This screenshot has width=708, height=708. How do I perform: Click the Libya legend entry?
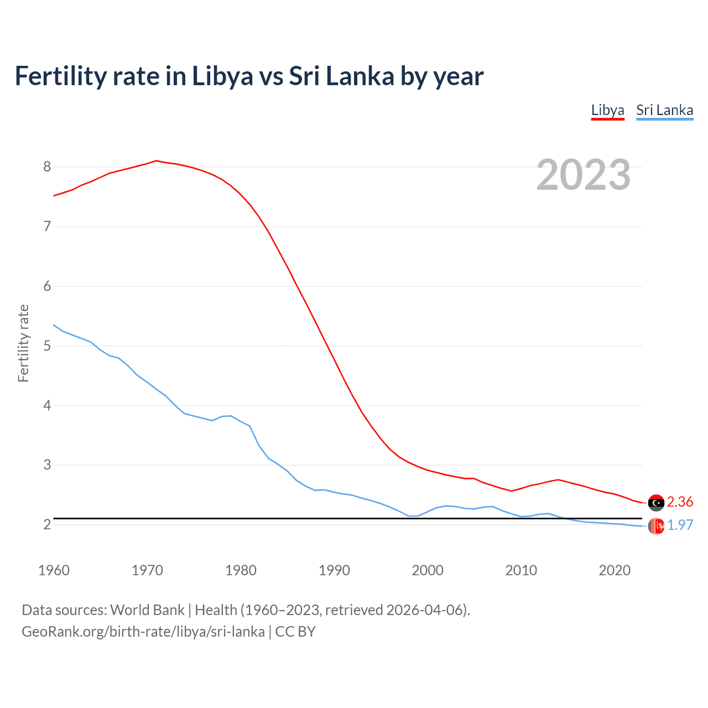tap(607, 110)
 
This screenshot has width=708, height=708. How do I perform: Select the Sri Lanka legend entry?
tap(664, 110)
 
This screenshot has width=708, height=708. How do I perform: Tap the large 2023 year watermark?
tap(583, 175)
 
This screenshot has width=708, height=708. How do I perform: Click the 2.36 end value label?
tap(680, 502)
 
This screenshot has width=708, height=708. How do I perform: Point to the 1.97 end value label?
tap(680, 525)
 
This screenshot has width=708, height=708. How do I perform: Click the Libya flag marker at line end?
tap(656, 502)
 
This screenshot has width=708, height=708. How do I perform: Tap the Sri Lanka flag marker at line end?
tap(656, 526)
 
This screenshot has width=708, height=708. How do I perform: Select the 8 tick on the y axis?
tap(47, 166)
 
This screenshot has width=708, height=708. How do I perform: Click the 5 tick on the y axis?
tap(47, 346)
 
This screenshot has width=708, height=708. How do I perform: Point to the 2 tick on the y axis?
tap(47, 524)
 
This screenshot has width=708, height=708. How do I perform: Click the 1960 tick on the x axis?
tap(54, 570)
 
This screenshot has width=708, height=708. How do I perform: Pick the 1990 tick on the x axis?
tap(334, 570)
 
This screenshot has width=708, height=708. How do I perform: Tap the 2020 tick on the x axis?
tap(615, 570)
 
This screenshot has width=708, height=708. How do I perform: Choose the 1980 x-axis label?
tap(241, 570)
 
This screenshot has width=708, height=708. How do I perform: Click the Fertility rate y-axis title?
tap(23, 343)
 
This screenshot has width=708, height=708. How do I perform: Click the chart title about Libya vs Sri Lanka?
tap(249, 76)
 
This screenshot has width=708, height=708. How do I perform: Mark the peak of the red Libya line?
tap(156, 160)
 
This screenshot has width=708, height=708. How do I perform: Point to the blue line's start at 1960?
tap(54, 325)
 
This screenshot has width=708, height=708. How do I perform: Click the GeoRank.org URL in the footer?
tap(143, 632)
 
